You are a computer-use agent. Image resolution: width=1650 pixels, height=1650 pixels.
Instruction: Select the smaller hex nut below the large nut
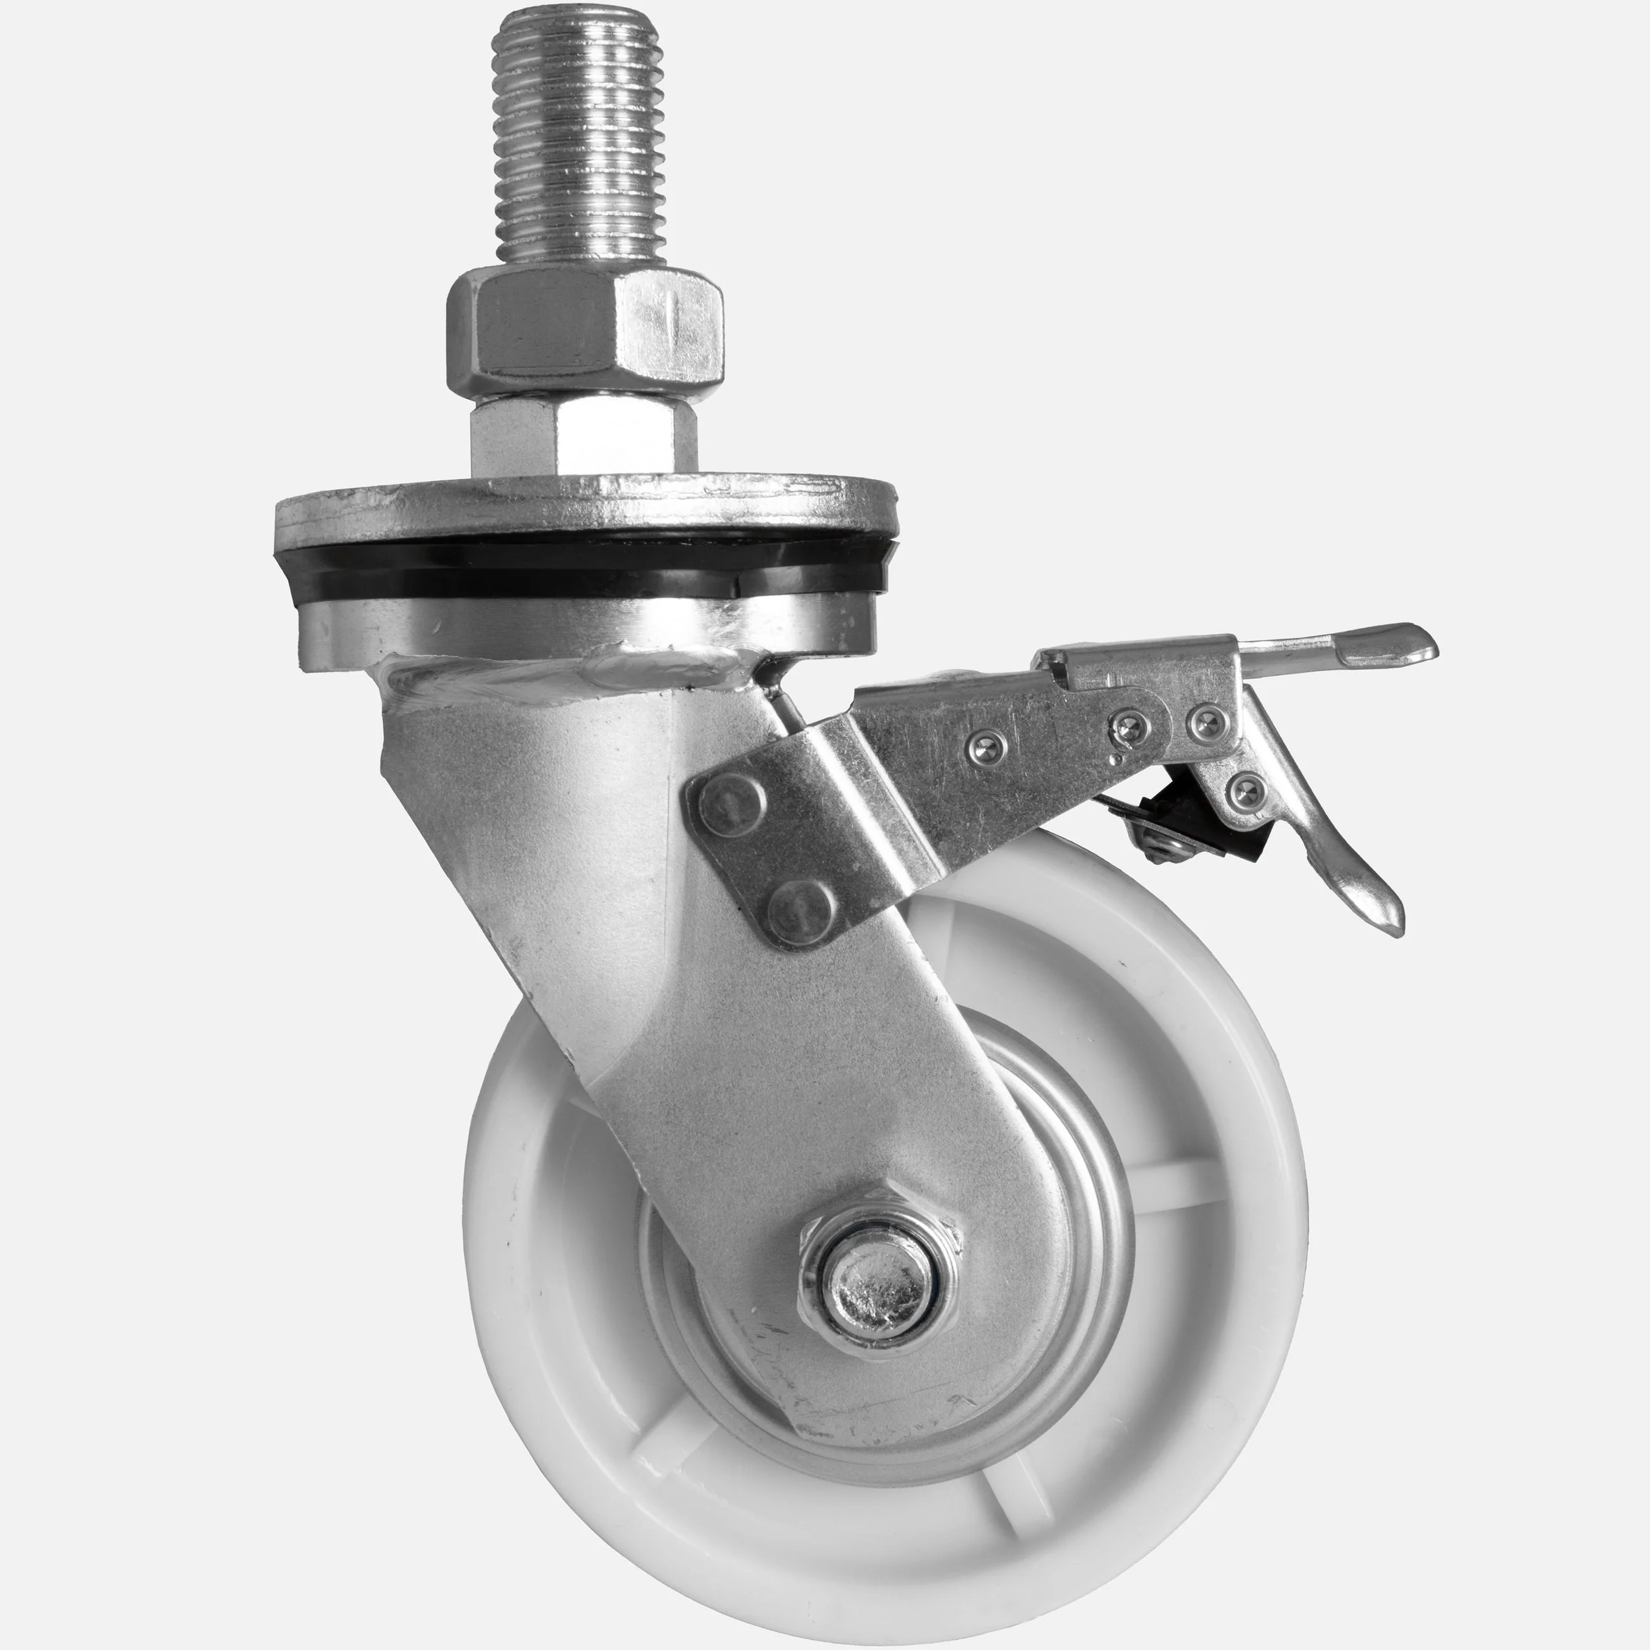pos(584,436)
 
